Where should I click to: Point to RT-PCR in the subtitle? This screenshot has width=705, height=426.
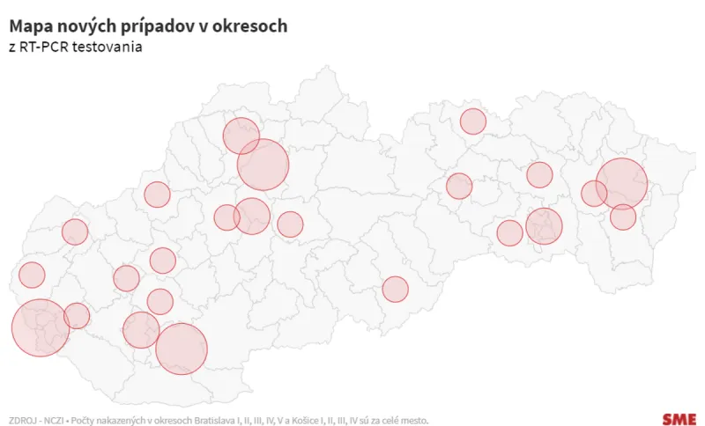tap(45, 46)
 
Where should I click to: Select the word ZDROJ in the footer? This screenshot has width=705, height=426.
tap(22, 420)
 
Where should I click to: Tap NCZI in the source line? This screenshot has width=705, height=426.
tap(54, 420)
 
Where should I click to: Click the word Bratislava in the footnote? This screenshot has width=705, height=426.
tap(211, 420)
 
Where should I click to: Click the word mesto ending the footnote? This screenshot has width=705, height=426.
tap(413, 420)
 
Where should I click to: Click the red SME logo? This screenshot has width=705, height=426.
tap(679, 419)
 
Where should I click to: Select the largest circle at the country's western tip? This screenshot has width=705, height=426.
tap(40, 327)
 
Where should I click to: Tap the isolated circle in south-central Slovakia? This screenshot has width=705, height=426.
tap(395, 289)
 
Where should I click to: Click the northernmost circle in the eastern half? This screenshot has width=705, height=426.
tap(473, 121)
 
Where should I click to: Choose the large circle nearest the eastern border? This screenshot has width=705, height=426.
tap(622, 183)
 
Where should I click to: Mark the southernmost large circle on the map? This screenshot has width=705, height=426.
tap(182, 349)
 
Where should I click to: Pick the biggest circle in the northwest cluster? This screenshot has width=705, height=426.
tap(263, 165)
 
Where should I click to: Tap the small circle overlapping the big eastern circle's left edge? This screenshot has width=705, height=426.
tap(593, 194)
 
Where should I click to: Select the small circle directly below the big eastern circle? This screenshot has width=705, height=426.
tap(623, 217)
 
